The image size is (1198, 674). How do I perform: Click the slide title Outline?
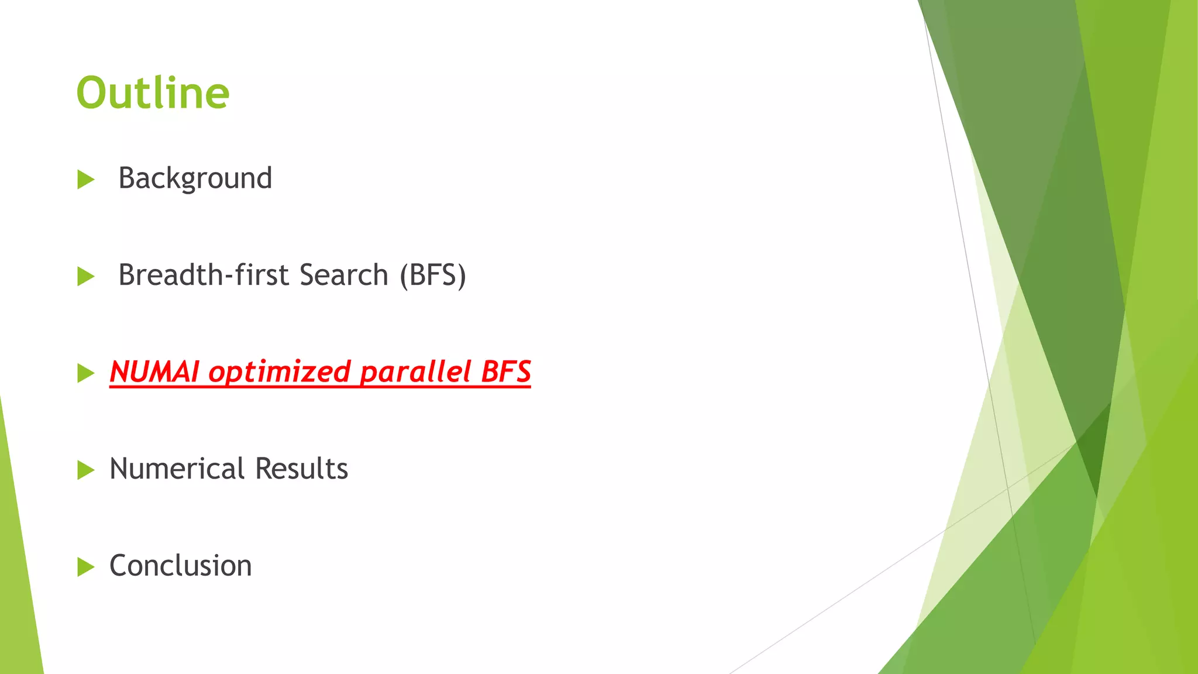pos(153,93)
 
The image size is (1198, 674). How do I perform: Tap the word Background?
pos(195,178)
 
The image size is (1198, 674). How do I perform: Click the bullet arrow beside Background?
pos(85,180)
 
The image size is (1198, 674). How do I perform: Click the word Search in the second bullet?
pos(343,274)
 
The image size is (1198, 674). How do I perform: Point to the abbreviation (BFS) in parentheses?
pos(433,275)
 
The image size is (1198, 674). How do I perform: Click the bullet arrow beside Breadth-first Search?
pos(85,277)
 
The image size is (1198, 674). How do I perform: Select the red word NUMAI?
pos(154,372)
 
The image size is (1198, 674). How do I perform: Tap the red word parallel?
pos(415,372)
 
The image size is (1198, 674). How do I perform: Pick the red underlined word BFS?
pos(505,372)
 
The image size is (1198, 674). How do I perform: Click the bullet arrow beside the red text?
pos(85,373)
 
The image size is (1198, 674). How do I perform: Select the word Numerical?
pos(177,469)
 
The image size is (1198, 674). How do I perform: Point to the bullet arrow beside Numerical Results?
pos(85,470)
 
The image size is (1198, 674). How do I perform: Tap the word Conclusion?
pos(180,566)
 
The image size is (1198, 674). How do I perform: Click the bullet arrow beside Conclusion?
pos(85,567)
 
